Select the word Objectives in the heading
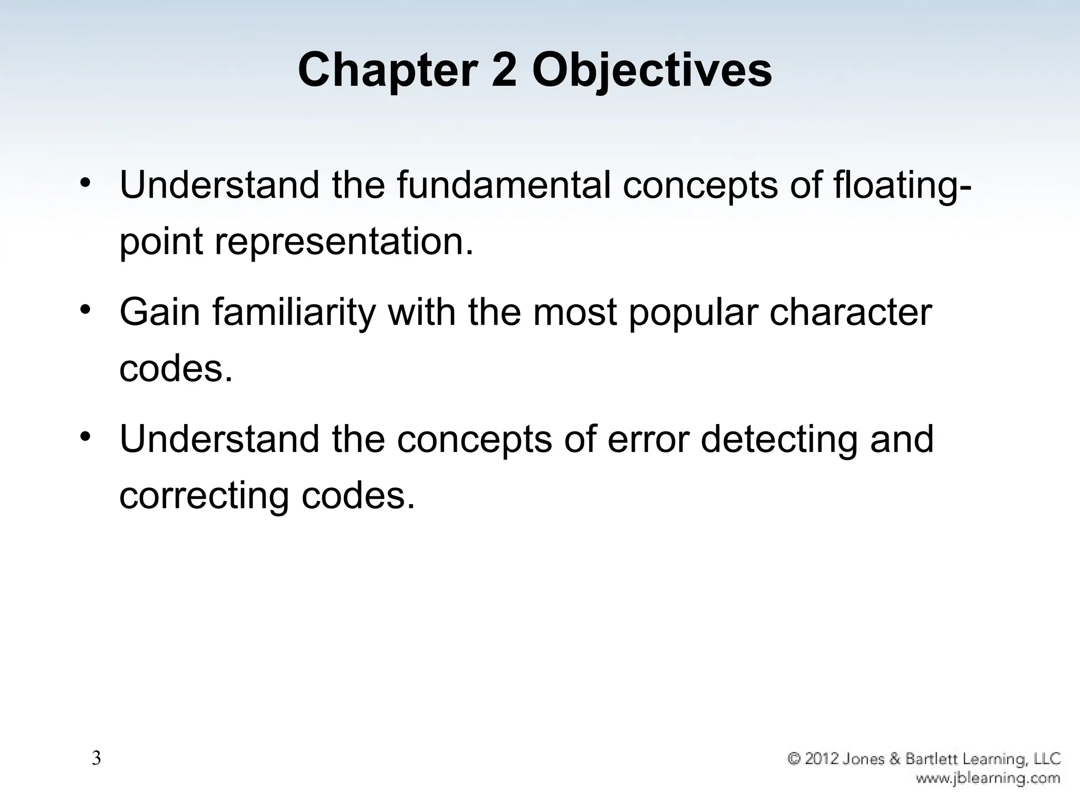652,71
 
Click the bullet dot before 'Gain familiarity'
86,309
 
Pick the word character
851,312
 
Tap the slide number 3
97,758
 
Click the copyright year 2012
823,759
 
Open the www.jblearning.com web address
988,778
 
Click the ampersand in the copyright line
894,759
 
